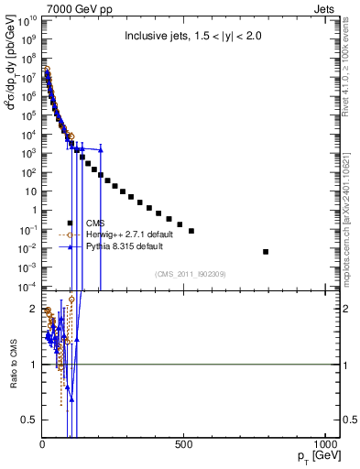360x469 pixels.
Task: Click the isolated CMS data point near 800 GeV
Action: click(x=266, y=251)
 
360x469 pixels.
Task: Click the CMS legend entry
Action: click(x=94, y=223)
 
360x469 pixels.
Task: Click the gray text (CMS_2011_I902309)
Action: click(x=184, y=273)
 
